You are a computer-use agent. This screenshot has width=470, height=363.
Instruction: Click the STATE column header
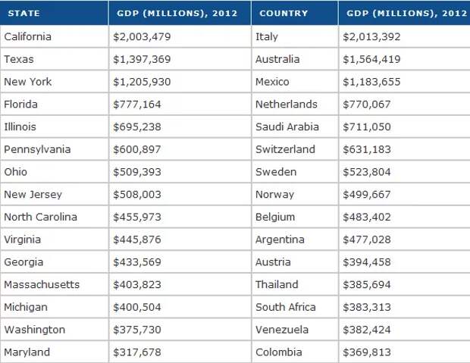point(25,14)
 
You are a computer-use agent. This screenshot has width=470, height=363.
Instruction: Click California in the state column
point(29,36)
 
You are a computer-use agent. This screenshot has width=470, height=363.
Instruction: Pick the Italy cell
point(268,36)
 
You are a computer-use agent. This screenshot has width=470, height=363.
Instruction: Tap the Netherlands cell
point(287,104)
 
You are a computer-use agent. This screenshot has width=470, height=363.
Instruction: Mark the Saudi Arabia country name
point(287,127)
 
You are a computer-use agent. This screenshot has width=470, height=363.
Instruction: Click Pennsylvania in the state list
point(37,149)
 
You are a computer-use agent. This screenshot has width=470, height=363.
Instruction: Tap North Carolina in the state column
point(40,217)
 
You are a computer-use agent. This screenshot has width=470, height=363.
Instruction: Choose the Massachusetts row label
point(42,285)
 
